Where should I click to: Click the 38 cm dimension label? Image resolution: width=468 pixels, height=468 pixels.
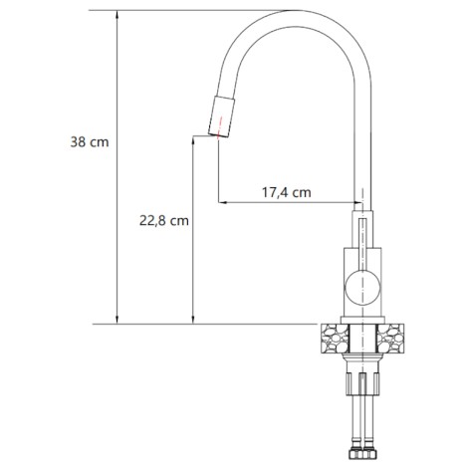(90, 142)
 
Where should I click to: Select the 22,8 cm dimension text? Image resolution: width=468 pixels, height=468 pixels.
(164, 221)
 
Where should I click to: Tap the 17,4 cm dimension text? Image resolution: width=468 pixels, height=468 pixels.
(287, 192)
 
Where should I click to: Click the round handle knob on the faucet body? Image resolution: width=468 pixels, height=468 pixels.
(362, 288)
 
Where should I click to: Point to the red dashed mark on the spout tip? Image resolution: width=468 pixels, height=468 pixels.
(219, 128)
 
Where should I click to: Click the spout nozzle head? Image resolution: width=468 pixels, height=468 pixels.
(221, 117)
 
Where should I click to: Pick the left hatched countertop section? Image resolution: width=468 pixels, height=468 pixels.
(336, 339)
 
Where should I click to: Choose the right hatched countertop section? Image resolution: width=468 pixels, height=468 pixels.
(390, 339)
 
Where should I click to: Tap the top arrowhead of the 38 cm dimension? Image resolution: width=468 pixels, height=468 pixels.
(117, 14)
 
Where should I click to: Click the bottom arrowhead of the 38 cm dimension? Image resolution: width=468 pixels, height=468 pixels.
(117, 320)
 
